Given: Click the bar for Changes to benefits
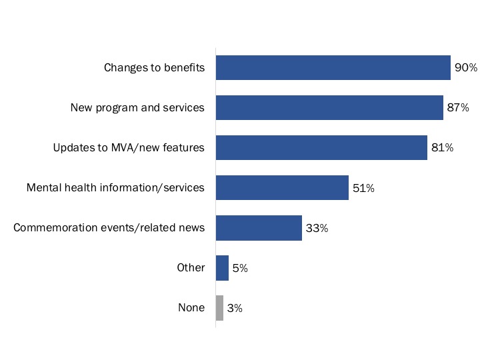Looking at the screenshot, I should pos(333,67).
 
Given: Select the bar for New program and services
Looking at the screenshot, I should pos(329,107).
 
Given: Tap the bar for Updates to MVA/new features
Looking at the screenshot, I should pos(321,147).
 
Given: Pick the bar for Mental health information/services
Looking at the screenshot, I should pos(282,187).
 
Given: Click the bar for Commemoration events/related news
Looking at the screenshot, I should pos(259,227).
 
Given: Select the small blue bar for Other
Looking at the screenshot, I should pos(222,267).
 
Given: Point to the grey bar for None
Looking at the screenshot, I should pos(219,307).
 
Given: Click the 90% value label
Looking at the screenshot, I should pos(466,68).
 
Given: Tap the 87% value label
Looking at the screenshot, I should pos(458,108).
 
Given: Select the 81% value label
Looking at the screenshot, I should pos(442,148).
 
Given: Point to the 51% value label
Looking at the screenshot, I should pos(363,188).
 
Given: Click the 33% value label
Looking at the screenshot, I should pos(317,228).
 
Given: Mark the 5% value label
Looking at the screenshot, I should pos(240,268).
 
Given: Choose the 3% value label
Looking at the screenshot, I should pos(234,308).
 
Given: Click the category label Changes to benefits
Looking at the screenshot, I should pos(154,67).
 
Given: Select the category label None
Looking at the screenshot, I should pos(191,307).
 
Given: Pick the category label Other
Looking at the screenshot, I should pos(191,267).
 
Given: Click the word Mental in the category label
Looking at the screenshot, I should pos(43,187).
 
